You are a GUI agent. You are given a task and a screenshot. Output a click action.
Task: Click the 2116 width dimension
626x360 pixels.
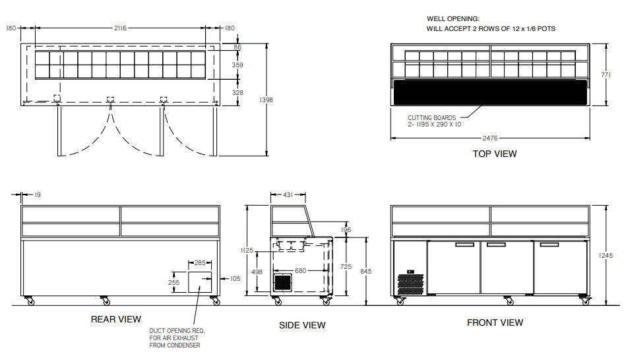click(x=119, y=28)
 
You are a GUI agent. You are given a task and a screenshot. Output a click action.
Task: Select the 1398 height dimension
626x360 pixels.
click(x=266, y=99)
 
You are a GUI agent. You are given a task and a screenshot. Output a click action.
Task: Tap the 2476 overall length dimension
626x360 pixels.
click(x=489, y=138)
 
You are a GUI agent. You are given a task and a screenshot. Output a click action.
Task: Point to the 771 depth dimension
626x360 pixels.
click(x=613, y=75)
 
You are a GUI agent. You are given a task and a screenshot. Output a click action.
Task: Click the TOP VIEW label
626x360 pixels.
click(x=494, y=154)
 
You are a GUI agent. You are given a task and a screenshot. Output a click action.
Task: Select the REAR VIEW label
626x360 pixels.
click(x=115, y=319)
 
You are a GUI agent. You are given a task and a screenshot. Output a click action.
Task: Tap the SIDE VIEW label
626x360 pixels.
click(x=302, y=325)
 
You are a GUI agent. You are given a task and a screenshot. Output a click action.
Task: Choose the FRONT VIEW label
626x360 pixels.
click(x=495, y=322)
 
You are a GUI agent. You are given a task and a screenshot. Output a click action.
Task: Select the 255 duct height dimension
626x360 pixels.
click(x=175, y=282)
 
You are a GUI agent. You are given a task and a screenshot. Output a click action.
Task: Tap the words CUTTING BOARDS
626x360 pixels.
click(x=432, y=118)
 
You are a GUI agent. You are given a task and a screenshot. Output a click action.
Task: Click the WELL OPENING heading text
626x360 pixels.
click(x=453, y=19)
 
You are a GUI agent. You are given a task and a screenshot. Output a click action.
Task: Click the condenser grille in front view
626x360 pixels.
click(x=410, y=282)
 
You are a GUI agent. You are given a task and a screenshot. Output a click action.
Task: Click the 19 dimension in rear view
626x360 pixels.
click(x=37, y=195)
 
